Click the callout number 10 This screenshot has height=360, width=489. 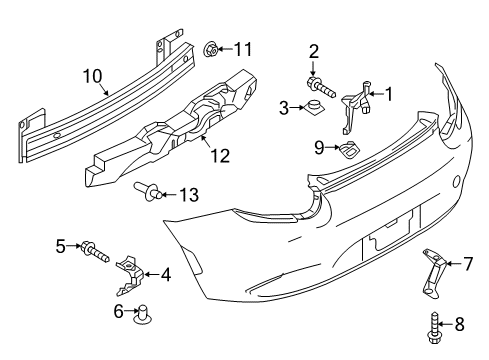(x=92, y=76)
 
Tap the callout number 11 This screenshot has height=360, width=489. (x=243, y=49)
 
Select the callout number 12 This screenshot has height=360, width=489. (x=220, y=156)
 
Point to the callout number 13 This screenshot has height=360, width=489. (x=189, y=195)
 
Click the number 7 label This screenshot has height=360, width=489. (x=468, y=264)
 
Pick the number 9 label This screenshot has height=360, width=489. (x=319, y=147)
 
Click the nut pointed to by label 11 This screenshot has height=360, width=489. (x=211, y=50)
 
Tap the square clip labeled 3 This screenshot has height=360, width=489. (x=314, y=107)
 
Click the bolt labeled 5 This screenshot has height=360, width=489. (x=95, y=251)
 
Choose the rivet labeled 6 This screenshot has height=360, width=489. (x=142, y=314)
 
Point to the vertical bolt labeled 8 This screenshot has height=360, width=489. (x=433, y=328)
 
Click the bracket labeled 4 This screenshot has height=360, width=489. (x=129, y=275)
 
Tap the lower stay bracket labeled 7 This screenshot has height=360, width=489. (x=433, y=272)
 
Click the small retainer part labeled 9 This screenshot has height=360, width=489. (x=349, y=149)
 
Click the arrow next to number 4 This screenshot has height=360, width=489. (x=151, y=275)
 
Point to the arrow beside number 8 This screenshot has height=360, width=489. (x=445, y=324)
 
